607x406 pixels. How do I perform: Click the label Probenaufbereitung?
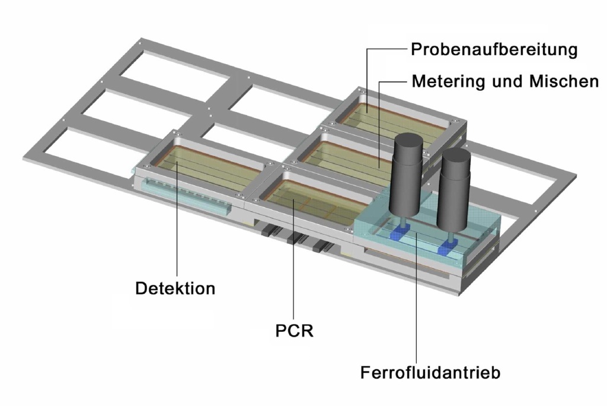494,50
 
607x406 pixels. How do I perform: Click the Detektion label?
175,289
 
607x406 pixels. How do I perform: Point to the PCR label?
294,330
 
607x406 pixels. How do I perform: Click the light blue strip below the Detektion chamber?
184,199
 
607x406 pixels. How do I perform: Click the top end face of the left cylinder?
407,141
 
